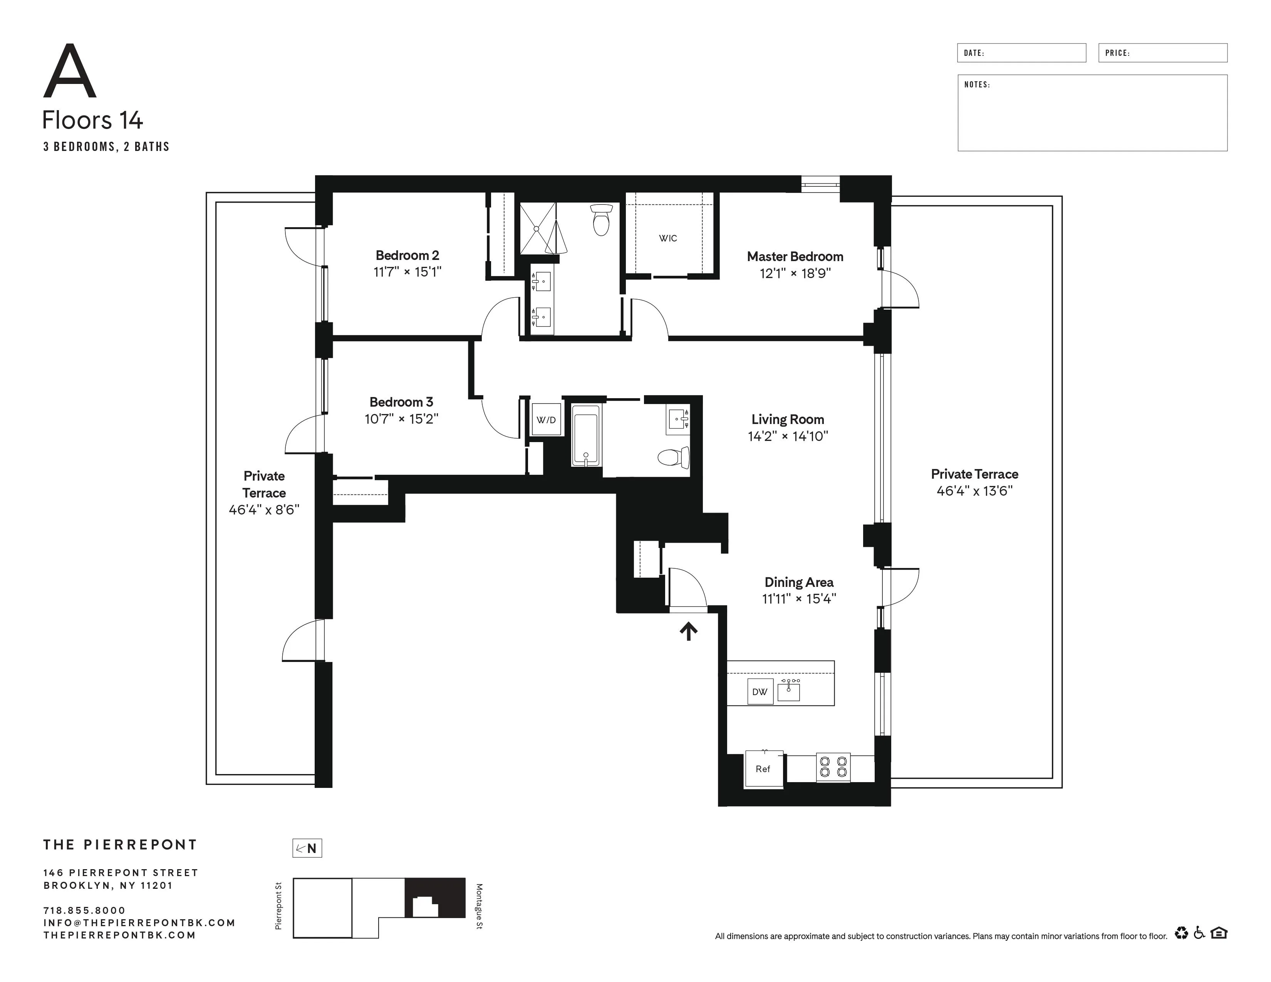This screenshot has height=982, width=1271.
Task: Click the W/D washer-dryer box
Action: (x=546, y=419)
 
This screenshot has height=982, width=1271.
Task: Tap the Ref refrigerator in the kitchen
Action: (x=763, y=769)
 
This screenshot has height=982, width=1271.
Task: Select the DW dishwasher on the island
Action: (x=760, y=692)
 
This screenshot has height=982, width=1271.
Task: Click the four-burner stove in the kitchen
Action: (x=833, y=766)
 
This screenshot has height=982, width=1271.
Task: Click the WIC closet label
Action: (x=667, y=238)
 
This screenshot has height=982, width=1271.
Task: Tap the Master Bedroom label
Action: (x=795, y=256)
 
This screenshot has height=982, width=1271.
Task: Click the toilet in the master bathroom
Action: (x=601, y=220)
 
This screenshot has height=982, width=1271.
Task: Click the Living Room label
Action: (x=787, y=419)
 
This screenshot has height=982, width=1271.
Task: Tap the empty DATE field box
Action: (x=1021, y=53)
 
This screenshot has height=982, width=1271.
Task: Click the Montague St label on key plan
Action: (x=479, y=907)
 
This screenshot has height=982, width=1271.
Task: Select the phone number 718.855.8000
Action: (x=84, y=910)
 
